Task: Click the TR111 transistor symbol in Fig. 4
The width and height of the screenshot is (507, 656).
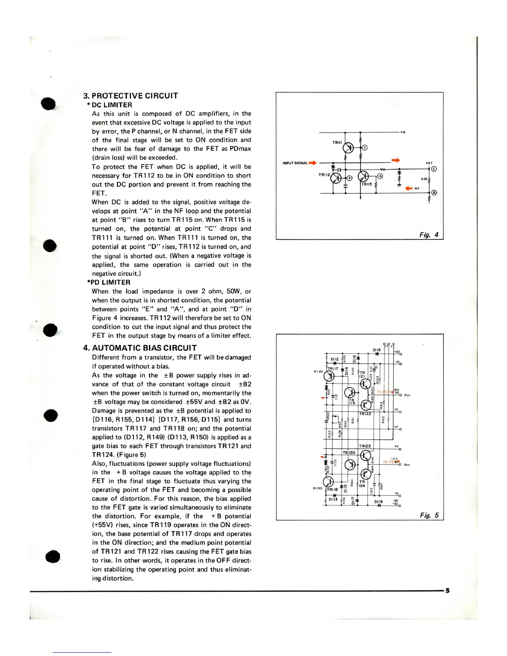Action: [x=348, y=148]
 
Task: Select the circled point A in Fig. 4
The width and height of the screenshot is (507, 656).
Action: [x=434, y=193]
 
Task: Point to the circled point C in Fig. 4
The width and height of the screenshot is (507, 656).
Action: [x=365, y=148]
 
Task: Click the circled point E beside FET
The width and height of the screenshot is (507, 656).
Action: [x=434, y=169]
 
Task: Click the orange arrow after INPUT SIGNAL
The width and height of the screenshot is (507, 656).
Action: [x=313, y=163]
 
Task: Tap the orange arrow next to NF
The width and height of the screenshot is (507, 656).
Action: [x=409, y=188]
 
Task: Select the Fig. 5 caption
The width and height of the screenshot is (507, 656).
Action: [x=429, y=515]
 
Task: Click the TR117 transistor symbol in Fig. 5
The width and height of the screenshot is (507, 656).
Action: [x=329, y=376]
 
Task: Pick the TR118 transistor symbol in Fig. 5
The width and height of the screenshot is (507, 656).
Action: [x=328, y=482]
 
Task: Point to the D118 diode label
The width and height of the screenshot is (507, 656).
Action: [x=377, y=350]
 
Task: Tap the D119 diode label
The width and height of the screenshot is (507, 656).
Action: [x=378, y=502]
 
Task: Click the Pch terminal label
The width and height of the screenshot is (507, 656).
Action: [x=407, y=395]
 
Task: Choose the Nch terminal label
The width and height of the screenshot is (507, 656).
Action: [x=407, y=465]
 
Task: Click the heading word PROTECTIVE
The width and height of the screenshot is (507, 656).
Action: [x=121, y=96]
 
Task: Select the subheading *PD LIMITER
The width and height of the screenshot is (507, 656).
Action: [x=109, y=282]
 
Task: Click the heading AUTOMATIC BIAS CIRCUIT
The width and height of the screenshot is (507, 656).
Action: [x=144, y=348]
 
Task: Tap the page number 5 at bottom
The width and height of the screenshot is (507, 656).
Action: [x=447, y=591]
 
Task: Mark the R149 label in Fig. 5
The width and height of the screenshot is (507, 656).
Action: [x=318, y=371]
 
